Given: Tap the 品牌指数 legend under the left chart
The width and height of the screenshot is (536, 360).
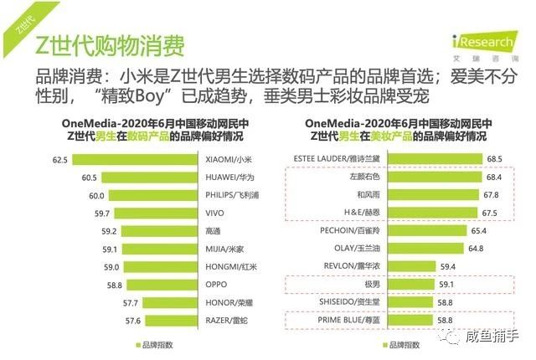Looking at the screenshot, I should (157, 344).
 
